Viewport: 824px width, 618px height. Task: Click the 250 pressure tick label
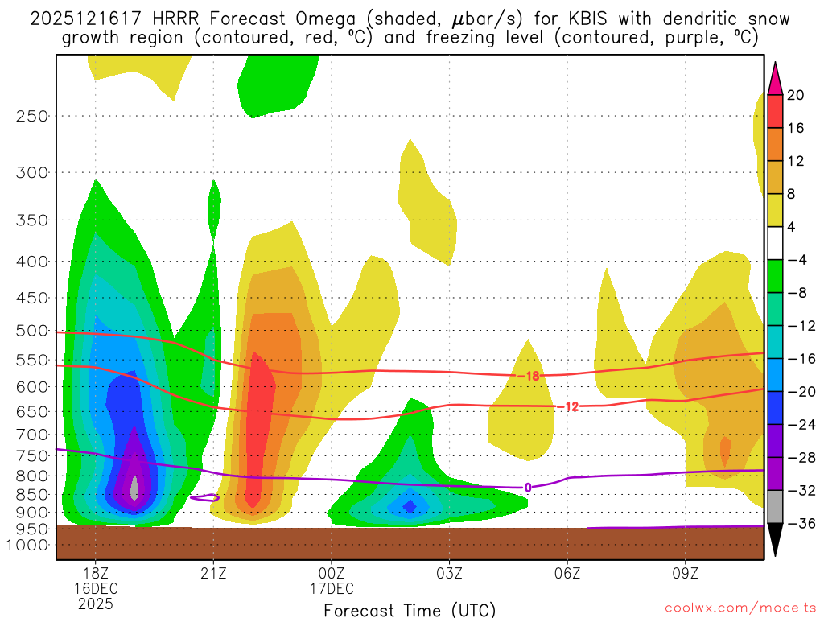[x=32, y=116]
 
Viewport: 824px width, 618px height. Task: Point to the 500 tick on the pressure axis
[x=32, y=330]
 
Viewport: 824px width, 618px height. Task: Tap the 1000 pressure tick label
[x=28, y=545]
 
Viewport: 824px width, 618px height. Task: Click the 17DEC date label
[x=332, y=588]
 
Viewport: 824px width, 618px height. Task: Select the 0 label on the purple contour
[x=528, y=487]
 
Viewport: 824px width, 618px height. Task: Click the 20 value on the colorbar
[x=796, y=95]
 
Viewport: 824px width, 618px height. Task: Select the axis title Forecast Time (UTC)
[x=410, y=609]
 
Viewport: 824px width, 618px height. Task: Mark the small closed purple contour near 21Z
[x=206, y=498]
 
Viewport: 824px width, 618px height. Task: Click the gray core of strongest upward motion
[x=134, y=486]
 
